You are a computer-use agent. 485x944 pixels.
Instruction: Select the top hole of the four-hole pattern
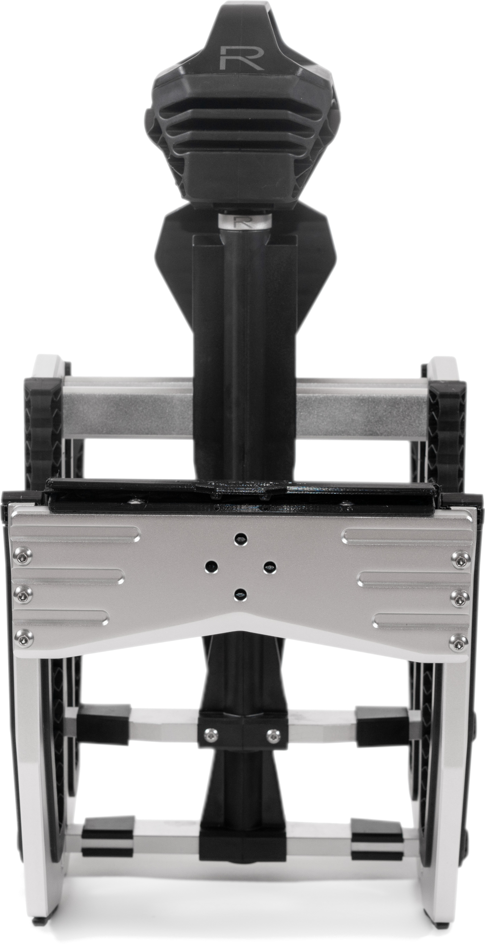[241, 537]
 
